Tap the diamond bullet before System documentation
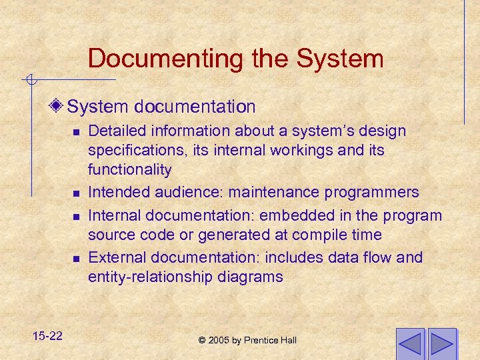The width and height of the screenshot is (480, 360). coord(59,107)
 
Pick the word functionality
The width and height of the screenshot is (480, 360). coord(129,169)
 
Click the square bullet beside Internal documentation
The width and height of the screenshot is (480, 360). coord(77,217)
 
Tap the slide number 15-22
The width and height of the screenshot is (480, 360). coord(46,335)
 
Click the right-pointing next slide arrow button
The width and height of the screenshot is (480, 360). coord(442,343)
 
